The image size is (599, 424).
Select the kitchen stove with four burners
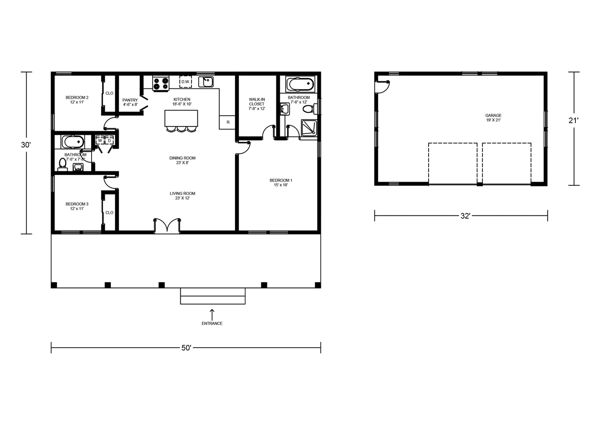click(161, 83)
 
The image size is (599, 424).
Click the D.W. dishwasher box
click(185, 82)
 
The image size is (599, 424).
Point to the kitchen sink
click(206, 82)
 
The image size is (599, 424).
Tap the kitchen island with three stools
click(181, 121)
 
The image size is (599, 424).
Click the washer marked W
click(100, 140)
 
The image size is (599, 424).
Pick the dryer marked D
click(109, 140)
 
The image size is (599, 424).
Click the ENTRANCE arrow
click(212, 314)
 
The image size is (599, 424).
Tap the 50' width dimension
click(186, 347)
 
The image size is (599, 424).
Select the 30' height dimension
click(26, 153)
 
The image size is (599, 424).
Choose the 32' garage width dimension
click(461, 215)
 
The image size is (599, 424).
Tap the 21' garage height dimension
click(574, 129)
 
